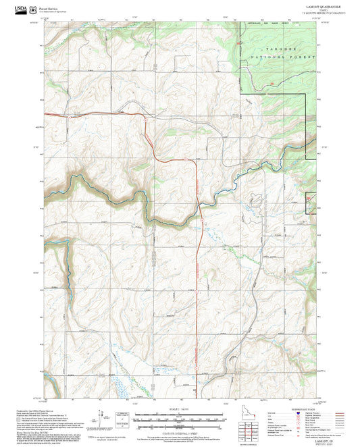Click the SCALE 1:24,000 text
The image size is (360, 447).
pos(180,410)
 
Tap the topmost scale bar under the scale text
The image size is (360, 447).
pos(180,414)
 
